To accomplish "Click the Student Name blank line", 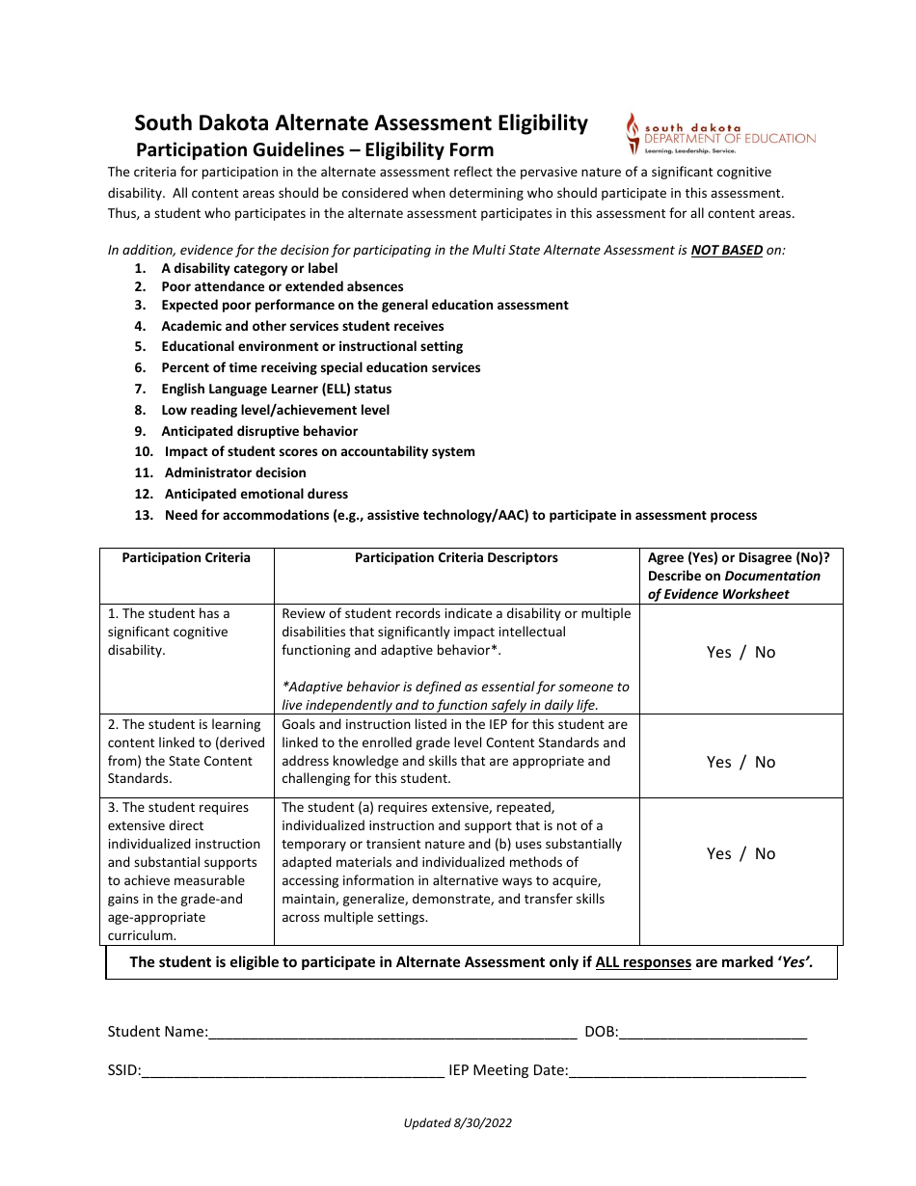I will click(392, 1033).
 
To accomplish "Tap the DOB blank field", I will click(713, 1033).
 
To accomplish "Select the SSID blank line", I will click(293, 1070).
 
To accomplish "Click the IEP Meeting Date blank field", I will click(687, 1070).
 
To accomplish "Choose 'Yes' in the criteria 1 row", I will click(718, 653).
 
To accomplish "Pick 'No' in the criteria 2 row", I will click(765, 763).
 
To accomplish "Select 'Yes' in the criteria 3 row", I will click(718, 854).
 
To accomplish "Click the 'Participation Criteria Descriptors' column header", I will click(456, 558).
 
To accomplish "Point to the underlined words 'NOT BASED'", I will click(726, 250).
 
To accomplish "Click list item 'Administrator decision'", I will click(235, 473).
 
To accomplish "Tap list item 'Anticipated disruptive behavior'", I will click(259, 432).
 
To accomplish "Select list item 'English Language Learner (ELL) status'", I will click(276, 390).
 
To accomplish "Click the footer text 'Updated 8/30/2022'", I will click(457, 1123).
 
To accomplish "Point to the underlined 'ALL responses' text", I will click(643, 962).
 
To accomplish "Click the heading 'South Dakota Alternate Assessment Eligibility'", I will click(361, 123).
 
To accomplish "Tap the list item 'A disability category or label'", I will click(250, 269).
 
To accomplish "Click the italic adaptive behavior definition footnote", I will click(455, 696).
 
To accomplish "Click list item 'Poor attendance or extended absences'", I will click(283, 287).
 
